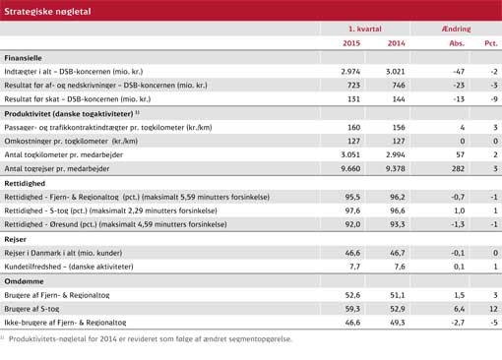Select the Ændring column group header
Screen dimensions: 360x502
[455, 30]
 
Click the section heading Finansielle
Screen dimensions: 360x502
[26, 58]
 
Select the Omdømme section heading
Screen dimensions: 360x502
[25, 279]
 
